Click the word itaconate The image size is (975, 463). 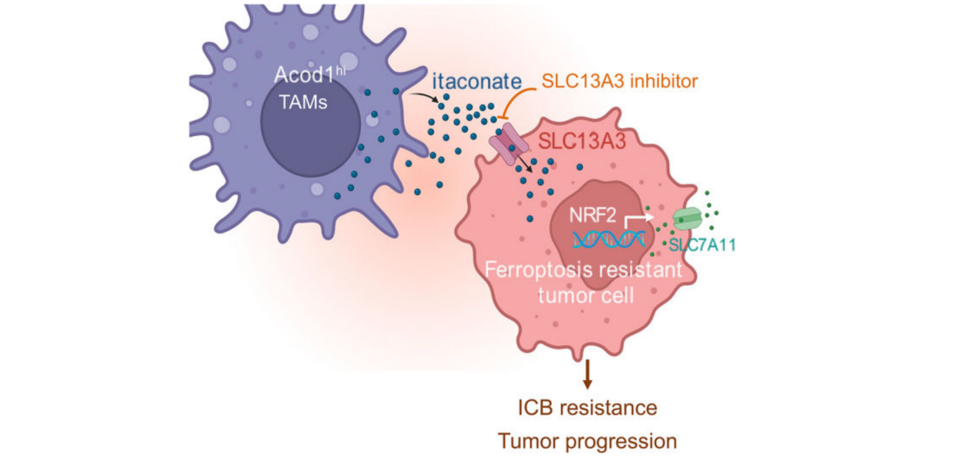(476, 81)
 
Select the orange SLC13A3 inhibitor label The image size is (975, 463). (620, 81)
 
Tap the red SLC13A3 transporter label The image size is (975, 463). (582, 141)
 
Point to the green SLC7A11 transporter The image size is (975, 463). (688, 218)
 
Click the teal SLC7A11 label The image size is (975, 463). (702, 245)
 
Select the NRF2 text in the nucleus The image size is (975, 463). (592, 215)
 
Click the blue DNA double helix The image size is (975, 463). (609, 240)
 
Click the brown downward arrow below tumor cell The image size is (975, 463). (588, 375)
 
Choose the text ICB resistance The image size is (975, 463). (588, 408)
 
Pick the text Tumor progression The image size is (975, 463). (588, 442)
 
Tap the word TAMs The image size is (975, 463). (303, 102)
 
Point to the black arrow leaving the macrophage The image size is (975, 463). (423, 96)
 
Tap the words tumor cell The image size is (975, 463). (586, 296)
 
